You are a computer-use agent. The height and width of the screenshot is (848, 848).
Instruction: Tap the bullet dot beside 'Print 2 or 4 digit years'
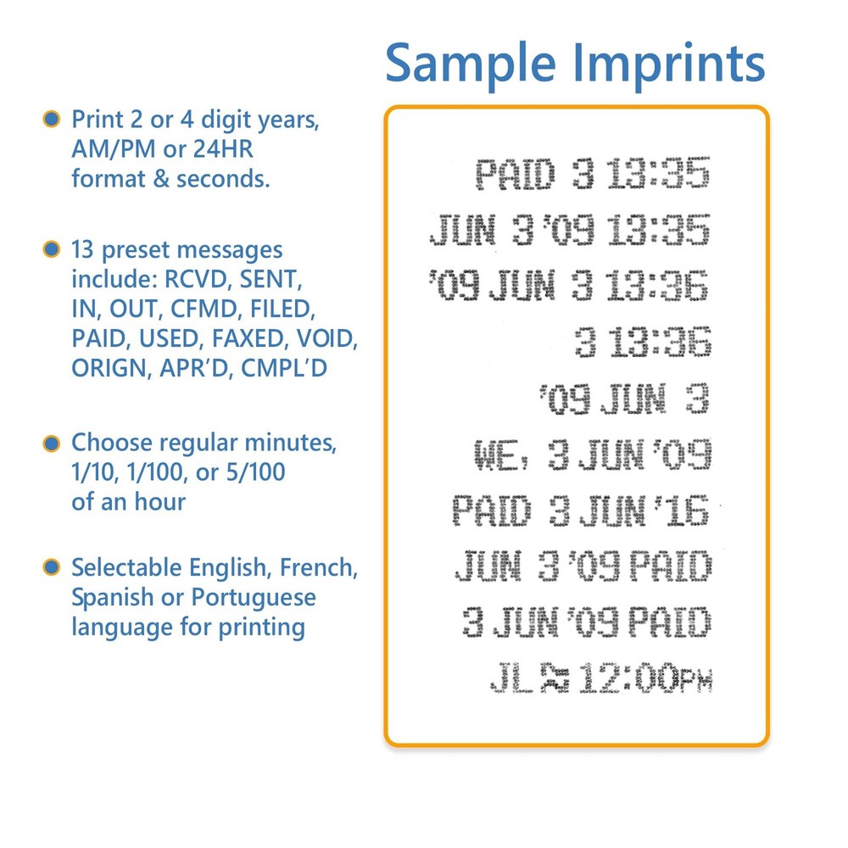click(52, 119)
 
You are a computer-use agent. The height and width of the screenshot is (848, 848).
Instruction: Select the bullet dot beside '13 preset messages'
click(52, 248)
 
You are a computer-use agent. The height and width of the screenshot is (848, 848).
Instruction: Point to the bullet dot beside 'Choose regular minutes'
click(52, 443)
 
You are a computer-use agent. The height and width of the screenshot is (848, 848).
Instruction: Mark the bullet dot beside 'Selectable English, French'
click(52, 567)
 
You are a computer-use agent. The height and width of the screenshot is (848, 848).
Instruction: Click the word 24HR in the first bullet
click(223, 148)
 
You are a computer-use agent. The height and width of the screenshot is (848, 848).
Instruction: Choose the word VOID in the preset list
click(326, 338)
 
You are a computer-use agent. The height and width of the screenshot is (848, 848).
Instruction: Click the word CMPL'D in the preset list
click(284, 368)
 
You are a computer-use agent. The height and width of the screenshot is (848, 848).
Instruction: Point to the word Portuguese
click(254, 599)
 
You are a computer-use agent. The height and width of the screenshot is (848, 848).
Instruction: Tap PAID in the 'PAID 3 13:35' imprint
click(516, 174)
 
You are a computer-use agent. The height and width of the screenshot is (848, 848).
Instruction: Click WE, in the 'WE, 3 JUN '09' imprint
click(501, 455)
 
